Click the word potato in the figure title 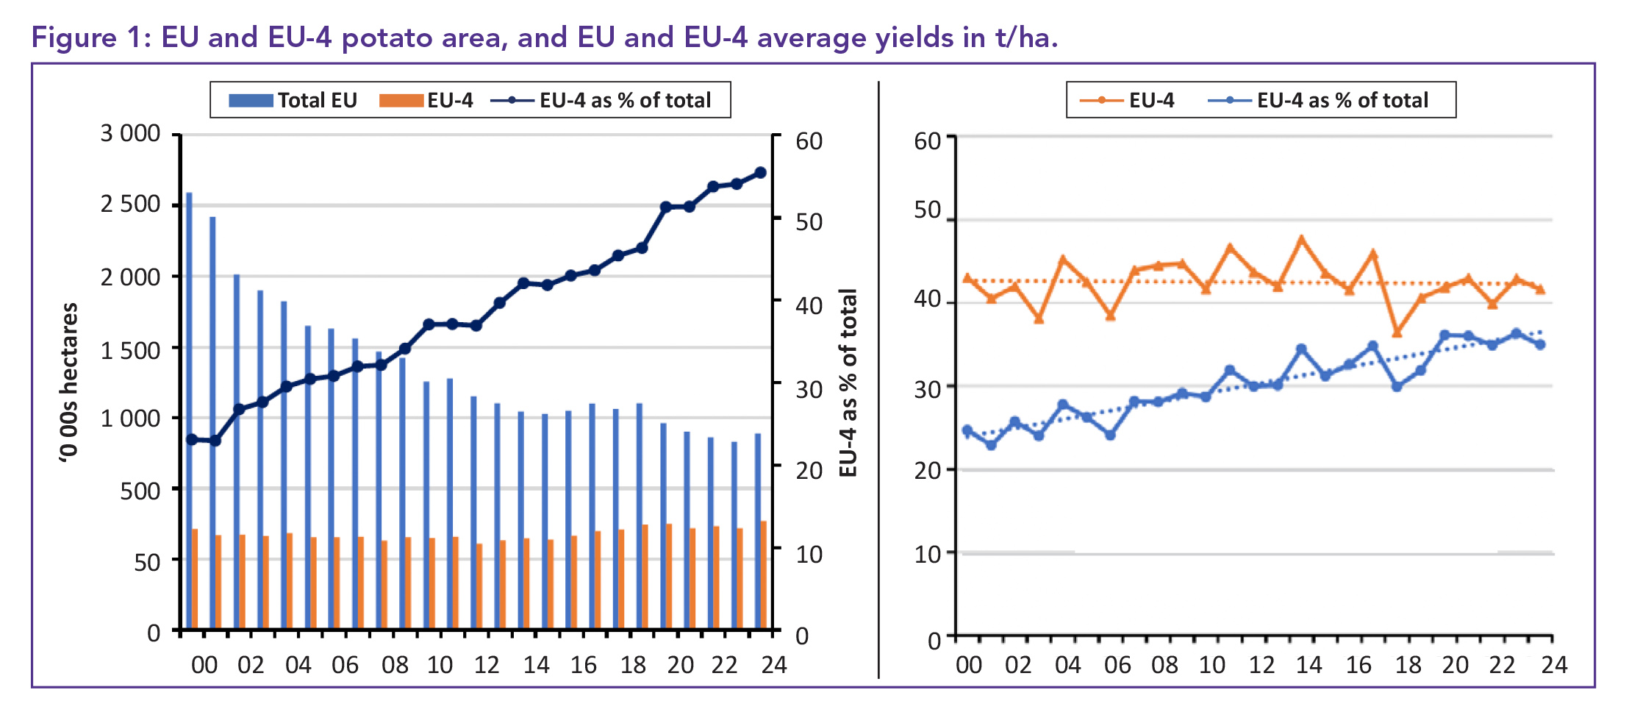pos(387,38)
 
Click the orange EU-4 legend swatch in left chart pos(401,101)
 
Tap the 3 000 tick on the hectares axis pos(130,134)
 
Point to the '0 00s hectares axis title pos(68,383)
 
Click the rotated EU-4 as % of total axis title pos(848,383)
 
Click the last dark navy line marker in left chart pos(761,173)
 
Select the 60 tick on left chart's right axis pos(809,141)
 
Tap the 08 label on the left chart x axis pos(395,665)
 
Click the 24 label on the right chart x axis pos(1554,665)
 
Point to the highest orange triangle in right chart pos(1301,239)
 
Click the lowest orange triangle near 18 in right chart pos(1397,332)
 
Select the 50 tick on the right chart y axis pos(927,210)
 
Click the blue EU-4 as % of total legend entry pos(1319,101)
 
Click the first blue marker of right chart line pos(967,430)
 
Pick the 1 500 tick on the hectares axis pos(130,351)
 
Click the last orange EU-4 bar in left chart pos(764,575)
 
